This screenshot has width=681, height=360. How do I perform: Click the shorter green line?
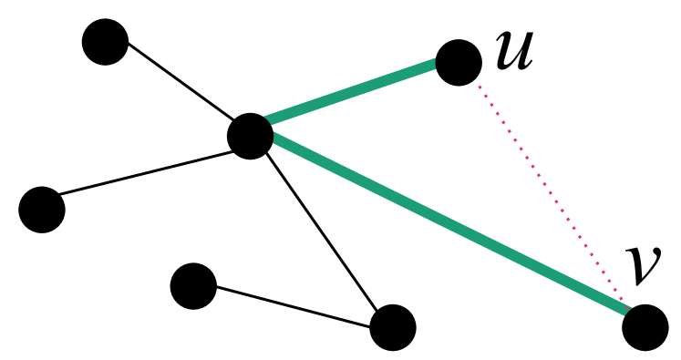351,92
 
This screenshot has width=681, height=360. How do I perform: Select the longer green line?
449,223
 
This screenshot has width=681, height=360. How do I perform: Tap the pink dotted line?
551,191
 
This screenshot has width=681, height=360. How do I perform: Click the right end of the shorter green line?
434,64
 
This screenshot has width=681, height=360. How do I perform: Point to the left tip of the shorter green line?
268,119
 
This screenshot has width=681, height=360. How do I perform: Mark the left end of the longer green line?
274,138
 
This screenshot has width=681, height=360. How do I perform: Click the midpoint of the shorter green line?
351,92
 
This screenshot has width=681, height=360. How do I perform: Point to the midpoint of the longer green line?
450,224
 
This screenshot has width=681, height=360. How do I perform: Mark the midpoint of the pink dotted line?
551,191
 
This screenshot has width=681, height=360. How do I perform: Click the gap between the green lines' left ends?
271,129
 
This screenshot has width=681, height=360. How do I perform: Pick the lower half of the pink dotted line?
588,247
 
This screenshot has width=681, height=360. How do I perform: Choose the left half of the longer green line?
362,180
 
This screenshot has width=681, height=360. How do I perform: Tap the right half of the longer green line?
538,267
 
